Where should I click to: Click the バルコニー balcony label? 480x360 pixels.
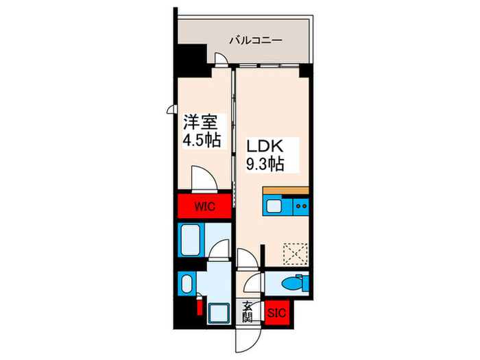point(256,40)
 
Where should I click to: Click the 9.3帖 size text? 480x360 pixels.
point(264,164)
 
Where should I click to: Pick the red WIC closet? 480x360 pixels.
point(203,206)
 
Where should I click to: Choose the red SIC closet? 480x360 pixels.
point(277,313)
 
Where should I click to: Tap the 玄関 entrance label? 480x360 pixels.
point(248,312)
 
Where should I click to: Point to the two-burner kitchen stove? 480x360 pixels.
point(299,205)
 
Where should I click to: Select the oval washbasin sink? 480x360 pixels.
point(185,282)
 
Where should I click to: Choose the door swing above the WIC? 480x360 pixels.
point(205,179)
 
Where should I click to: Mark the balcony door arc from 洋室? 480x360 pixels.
point(221,60)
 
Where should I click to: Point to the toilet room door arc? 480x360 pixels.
point(254,283)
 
